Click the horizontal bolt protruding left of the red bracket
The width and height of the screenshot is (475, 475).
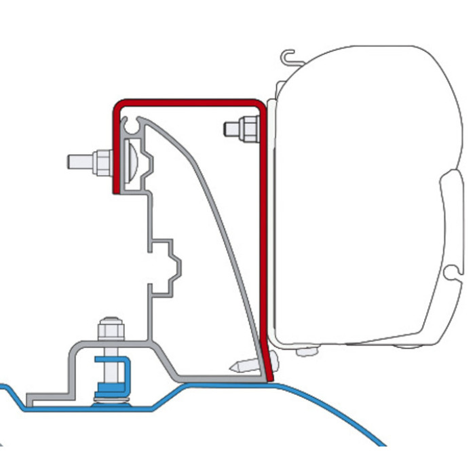tap(80, 161)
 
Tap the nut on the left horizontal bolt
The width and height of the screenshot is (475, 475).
tap(103, 161)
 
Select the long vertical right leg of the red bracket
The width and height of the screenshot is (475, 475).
tap(263, 237)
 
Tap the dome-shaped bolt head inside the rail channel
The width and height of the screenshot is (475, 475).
tap(132, 161)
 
